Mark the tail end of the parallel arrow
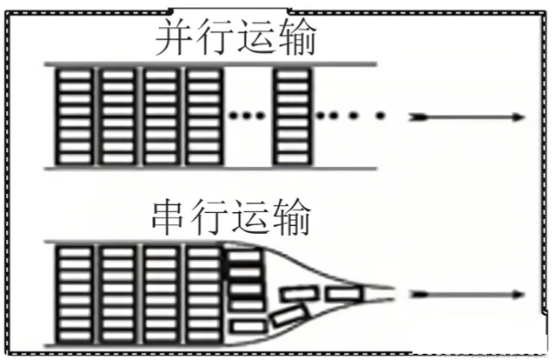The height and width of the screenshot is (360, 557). (409, 117)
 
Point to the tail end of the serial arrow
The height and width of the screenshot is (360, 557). (409, 294)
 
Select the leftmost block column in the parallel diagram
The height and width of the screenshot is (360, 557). (75, 117)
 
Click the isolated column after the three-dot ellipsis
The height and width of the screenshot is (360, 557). (294, 117)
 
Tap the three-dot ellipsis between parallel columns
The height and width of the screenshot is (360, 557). (247, 115)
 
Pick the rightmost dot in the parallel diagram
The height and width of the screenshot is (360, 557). (381, 116)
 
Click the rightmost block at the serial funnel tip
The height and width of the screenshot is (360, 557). (344, 294)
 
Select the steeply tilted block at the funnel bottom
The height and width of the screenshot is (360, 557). (289, 315)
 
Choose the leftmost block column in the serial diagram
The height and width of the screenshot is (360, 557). (75, 294)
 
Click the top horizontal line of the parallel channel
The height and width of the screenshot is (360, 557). (210, 64)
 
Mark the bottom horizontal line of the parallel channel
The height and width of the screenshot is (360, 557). (210, 169)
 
